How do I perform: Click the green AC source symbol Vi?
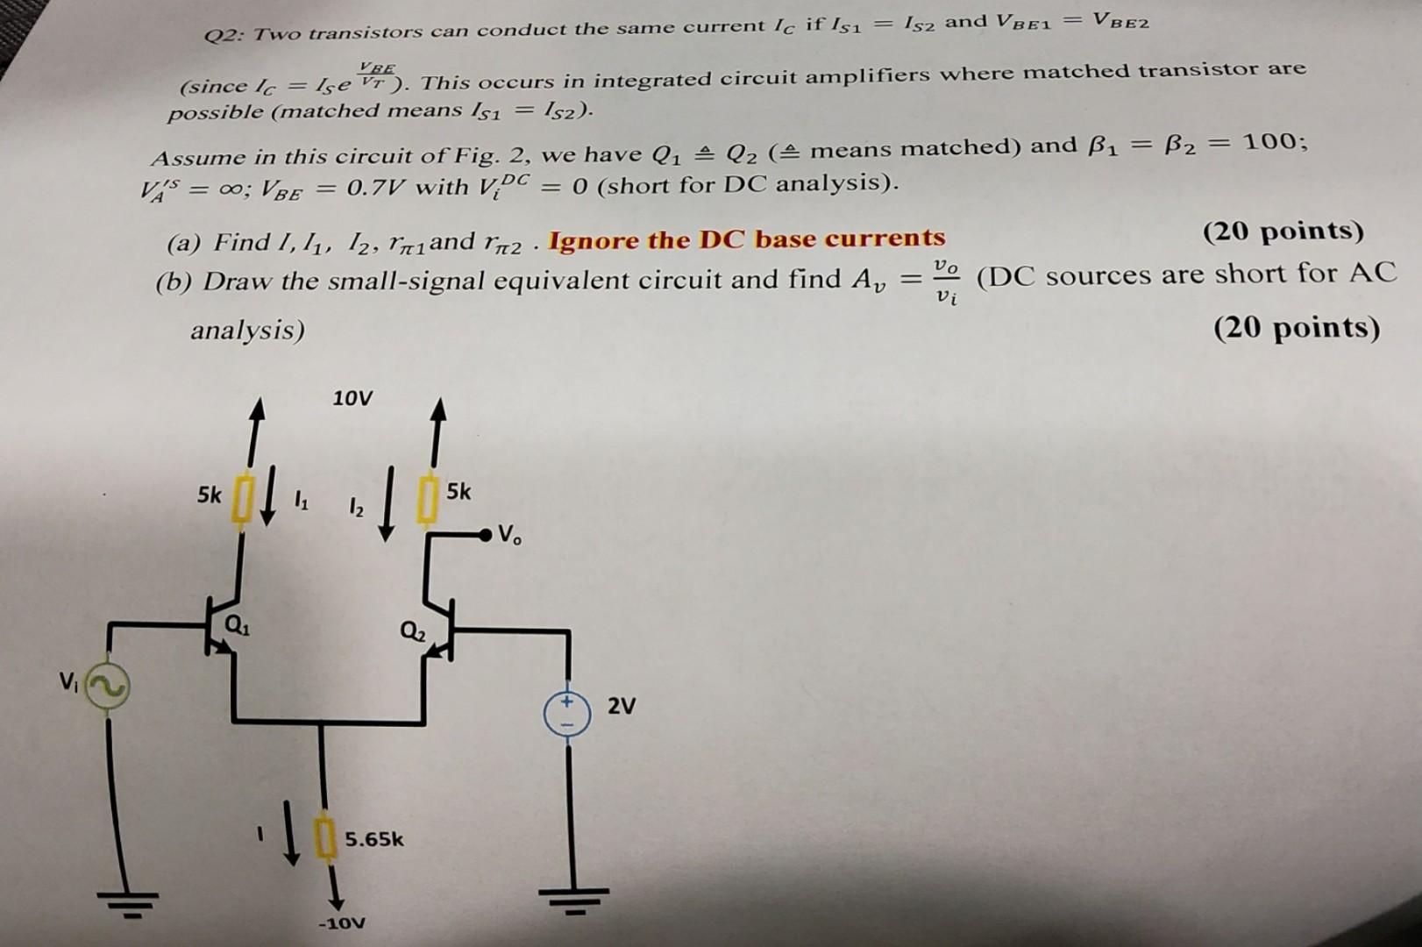click(x=108, y=686)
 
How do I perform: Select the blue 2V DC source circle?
click(x=567, y=714)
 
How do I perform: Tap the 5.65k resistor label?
click(x=373, y=839)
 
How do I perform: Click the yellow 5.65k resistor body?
click(x=325, y=838)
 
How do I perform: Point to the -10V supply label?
click(x=342, y=922)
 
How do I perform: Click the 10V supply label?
click(x=352, y=398)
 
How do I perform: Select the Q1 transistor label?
click(x=238, y=626)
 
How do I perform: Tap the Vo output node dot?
click(x=486, y=536)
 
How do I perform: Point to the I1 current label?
click(x=301, y=502)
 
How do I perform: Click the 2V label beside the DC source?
click(x=622, y=706)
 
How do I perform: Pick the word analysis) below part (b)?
click(x=247, y=331)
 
